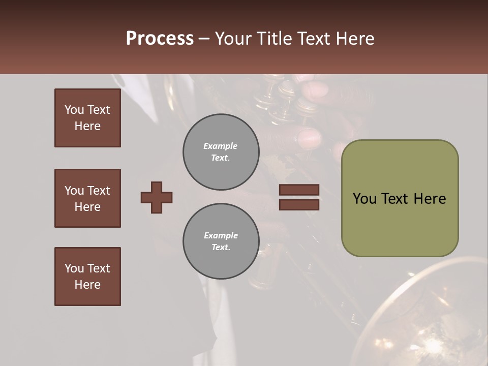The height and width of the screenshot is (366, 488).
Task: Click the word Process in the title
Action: pos(160,39)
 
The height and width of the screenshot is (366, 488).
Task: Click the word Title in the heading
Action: pos(275,39)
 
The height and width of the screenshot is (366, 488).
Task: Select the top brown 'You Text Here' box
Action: pos(87,118)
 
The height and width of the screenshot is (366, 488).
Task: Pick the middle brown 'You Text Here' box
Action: pos(87,198)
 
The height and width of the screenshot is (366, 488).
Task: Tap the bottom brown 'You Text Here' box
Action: pos(87,277)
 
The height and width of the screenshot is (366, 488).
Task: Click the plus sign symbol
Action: pos(157,197)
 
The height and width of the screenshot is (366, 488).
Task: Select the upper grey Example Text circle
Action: pos(221,152)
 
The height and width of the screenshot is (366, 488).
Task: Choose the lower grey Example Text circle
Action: pos(221,241)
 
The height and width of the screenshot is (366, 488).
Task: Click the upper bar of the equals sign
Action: pos(299,190)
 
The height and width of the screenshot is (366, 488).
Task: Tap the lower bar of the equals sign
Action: pos(299,204)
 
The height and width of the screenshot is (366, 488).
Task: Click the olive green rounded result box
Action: pos(400,224)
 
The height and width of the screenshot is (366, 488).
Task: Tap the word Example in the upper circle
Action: pos(220,146)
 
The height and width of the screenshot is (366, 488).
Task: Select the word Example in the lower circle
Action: pos(221,235)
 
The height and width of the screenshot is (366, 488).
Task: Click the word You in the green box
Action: pos(364,199)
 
